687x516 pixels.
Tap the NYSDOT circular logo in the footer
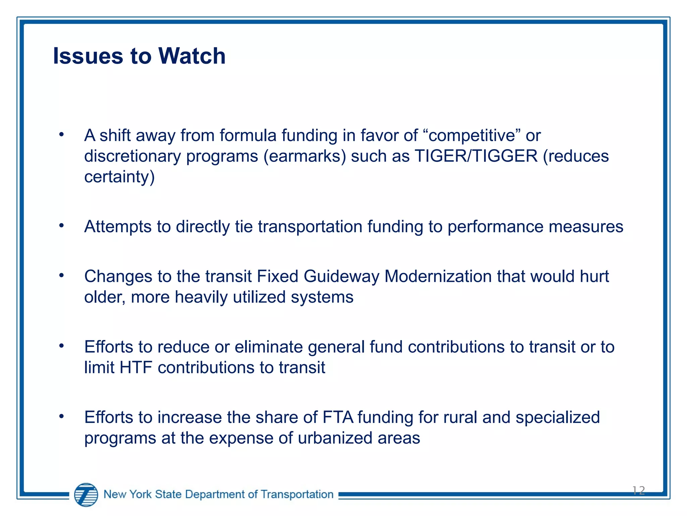point(86,494)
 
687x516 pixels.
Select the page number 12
point(638,491)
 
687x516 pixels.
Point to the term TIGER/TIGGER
point(476,156)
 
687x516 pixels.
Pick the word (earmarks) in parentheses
point(305,156)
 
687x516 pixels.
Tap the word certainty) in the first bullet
point(119,177)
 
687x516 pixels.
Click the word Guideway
point(341,276)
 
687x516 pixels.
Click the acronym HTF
point(136,368)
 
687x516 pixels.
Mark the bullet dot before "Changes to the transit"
point(61,276)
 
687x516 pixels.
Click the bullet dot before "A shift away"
point(61,135)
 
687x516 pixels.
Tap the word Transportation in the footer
point(297,494)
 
